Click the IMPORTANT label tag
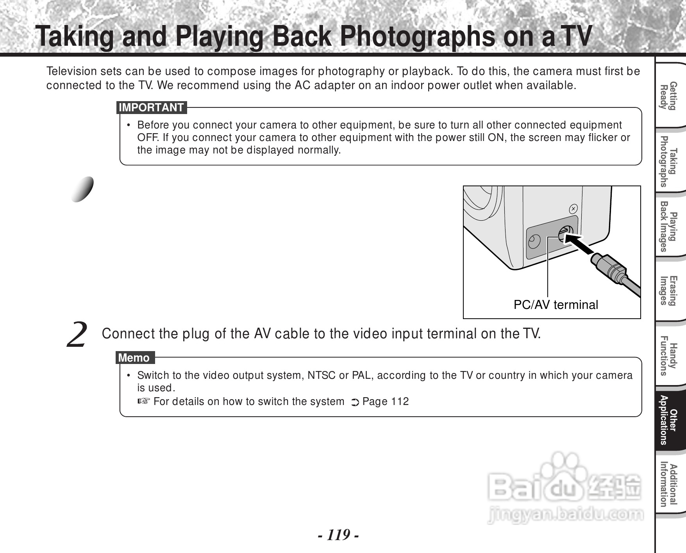tap(152, 107)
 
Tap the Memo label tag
tap(135, 358)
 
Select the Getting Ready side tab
tap(668, 96)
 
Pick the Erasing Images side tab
tap(668, 291)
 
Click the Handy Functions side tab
tap(668, 355)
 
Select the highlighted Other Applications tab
tap(668, 420)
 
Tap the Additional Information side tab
tap(668, 485)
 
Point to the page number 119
tap(338, 535)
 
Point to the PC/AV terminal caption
tap(556, 305)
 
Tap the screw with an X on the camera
tap(573, 209)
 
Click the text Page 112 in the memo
tap(386, 401)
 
